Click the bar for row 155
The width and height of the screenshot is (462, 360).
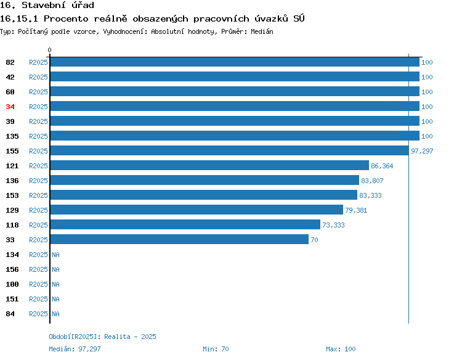coord(230,150)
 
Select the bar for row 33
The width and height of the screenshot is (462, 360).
coord(179,239)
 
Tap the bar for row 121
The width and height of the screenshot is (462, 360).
coord(209,165)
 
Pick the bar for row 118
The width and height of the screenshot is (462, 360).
coord(185,224)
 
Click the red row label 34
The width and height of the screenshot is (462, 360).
coord(10,107)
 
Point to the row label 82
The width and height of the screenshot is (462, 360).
coord(10,62)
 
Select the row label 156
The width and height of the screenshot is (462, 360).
coord(12,269)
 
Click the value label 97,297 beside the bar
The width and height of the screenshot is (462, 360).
coord(422,151)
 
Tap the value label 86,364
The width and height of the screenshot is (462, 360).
coord(382,166)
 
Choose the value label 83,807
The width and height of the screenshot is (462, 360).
coord(372,181)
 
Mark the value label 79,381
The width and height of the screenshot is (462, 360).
coord(356,210)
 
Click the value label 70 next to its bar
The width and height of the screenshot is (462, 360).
coord(314,240)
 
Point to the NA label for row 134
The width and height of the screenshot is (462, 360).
coord(55,255)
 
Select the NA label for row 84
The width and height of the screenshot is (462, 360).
coord(55,314)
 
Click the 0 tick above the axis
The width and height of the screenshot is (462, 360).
coord(49,50)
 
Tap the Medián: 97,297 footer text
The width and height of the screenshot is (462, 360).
coord(75,349)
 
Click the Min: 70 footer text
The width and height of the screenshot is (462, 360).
coord(216,349)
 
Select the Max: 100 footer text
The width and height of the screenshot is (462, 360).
coord(341,349)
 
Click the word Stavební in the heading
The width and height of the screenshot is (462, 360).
coord(44,5)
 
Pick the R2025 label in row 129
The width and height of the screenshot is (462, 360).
coord(38,210)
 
